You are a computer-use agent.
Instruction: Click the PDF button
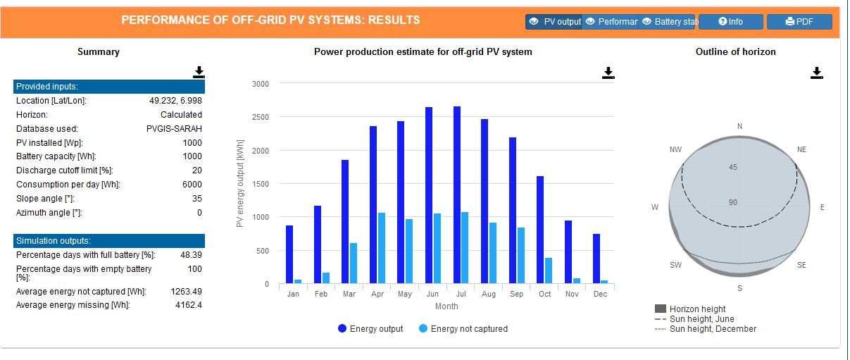click(x=799, y=22)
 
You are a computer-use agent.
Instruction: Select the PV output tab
click(x=554, y=22)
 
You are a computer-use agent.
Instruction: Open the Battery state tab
click(x=668, y=22)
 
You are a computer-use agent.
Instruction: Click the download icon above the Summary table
click(x=199, y=72)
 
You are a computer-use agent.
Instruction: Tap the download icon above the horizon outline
click(x=816, y=73)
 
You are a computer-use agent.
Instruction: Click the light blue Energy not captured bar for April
click(x=381, y=248)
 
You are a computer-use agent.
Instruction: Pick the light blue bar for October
click(x=548, y=271)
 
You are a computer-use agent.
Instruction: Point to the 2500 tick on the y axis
click(x=261, y=117)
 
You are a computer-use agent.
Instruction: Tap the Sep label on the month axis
click(x=516, y=294)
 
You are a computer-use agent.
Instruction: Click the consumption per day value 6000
click(x=192, y=185)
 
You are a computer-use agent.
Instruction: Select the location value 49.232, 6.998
click(x=175, y=101)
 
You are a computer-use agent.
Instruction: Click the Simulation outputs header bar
click(x=109, y=241)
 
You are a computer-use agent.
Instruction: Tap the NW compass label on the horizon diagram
click(x=675, y=150)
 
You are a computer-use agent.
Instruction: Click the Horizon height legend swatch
click(x=661, y=309)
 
